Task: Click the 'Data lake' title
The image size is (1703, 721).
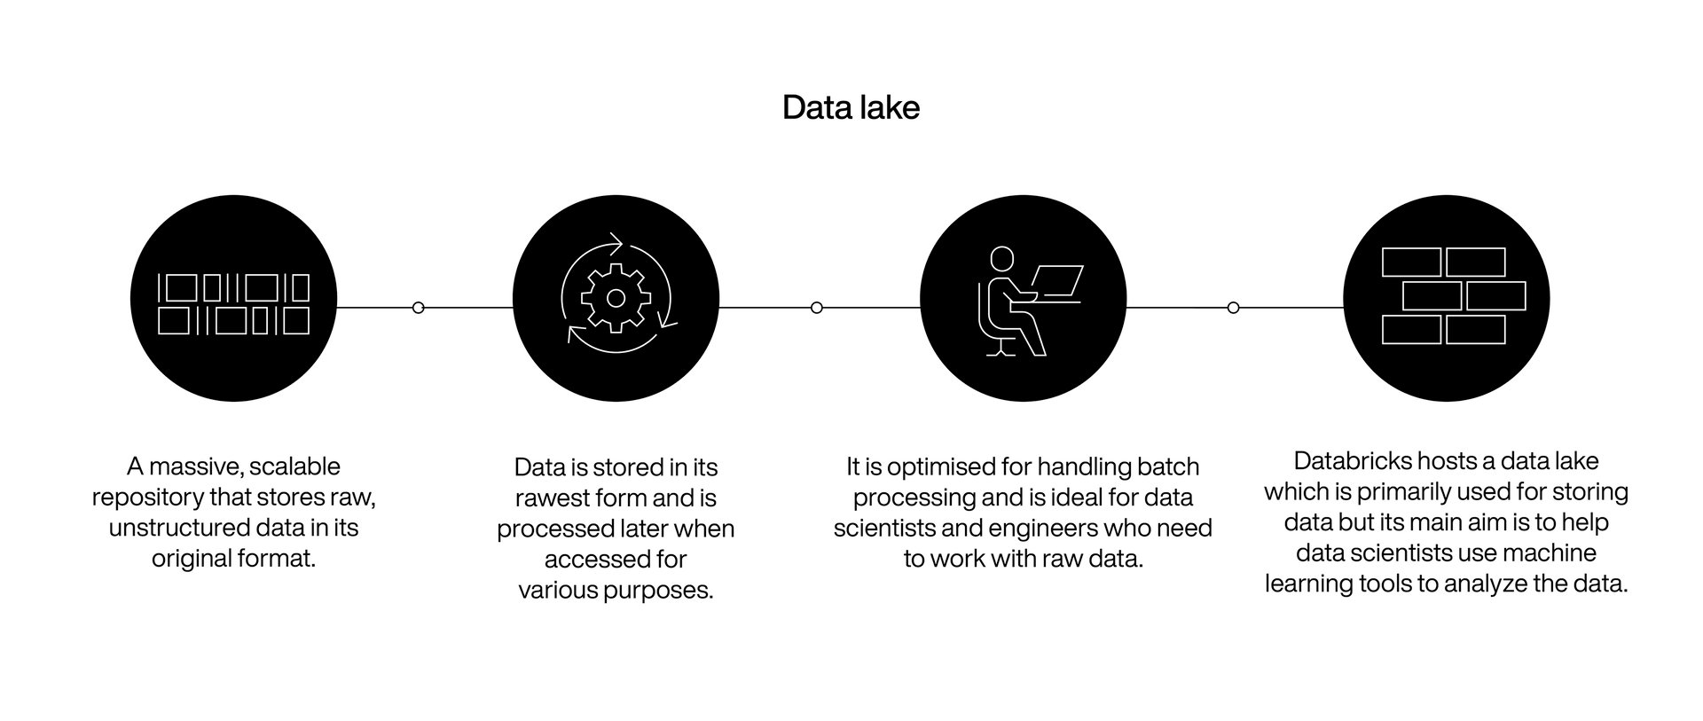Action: (851, 107)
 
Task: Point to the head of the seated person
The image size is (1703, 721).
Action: (1001, 259)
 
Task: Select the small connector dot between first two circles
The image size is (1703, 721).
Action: (419, 308)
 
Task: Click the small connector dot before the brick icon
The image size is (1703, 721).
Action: (1233, 308)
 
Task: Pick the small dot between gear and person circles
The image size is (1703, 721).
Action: (817, 308)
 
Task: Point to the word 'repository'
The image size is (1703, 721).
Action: (147, 498)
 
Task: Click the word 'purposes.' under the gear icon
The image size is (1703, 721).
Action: (663, 591)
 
